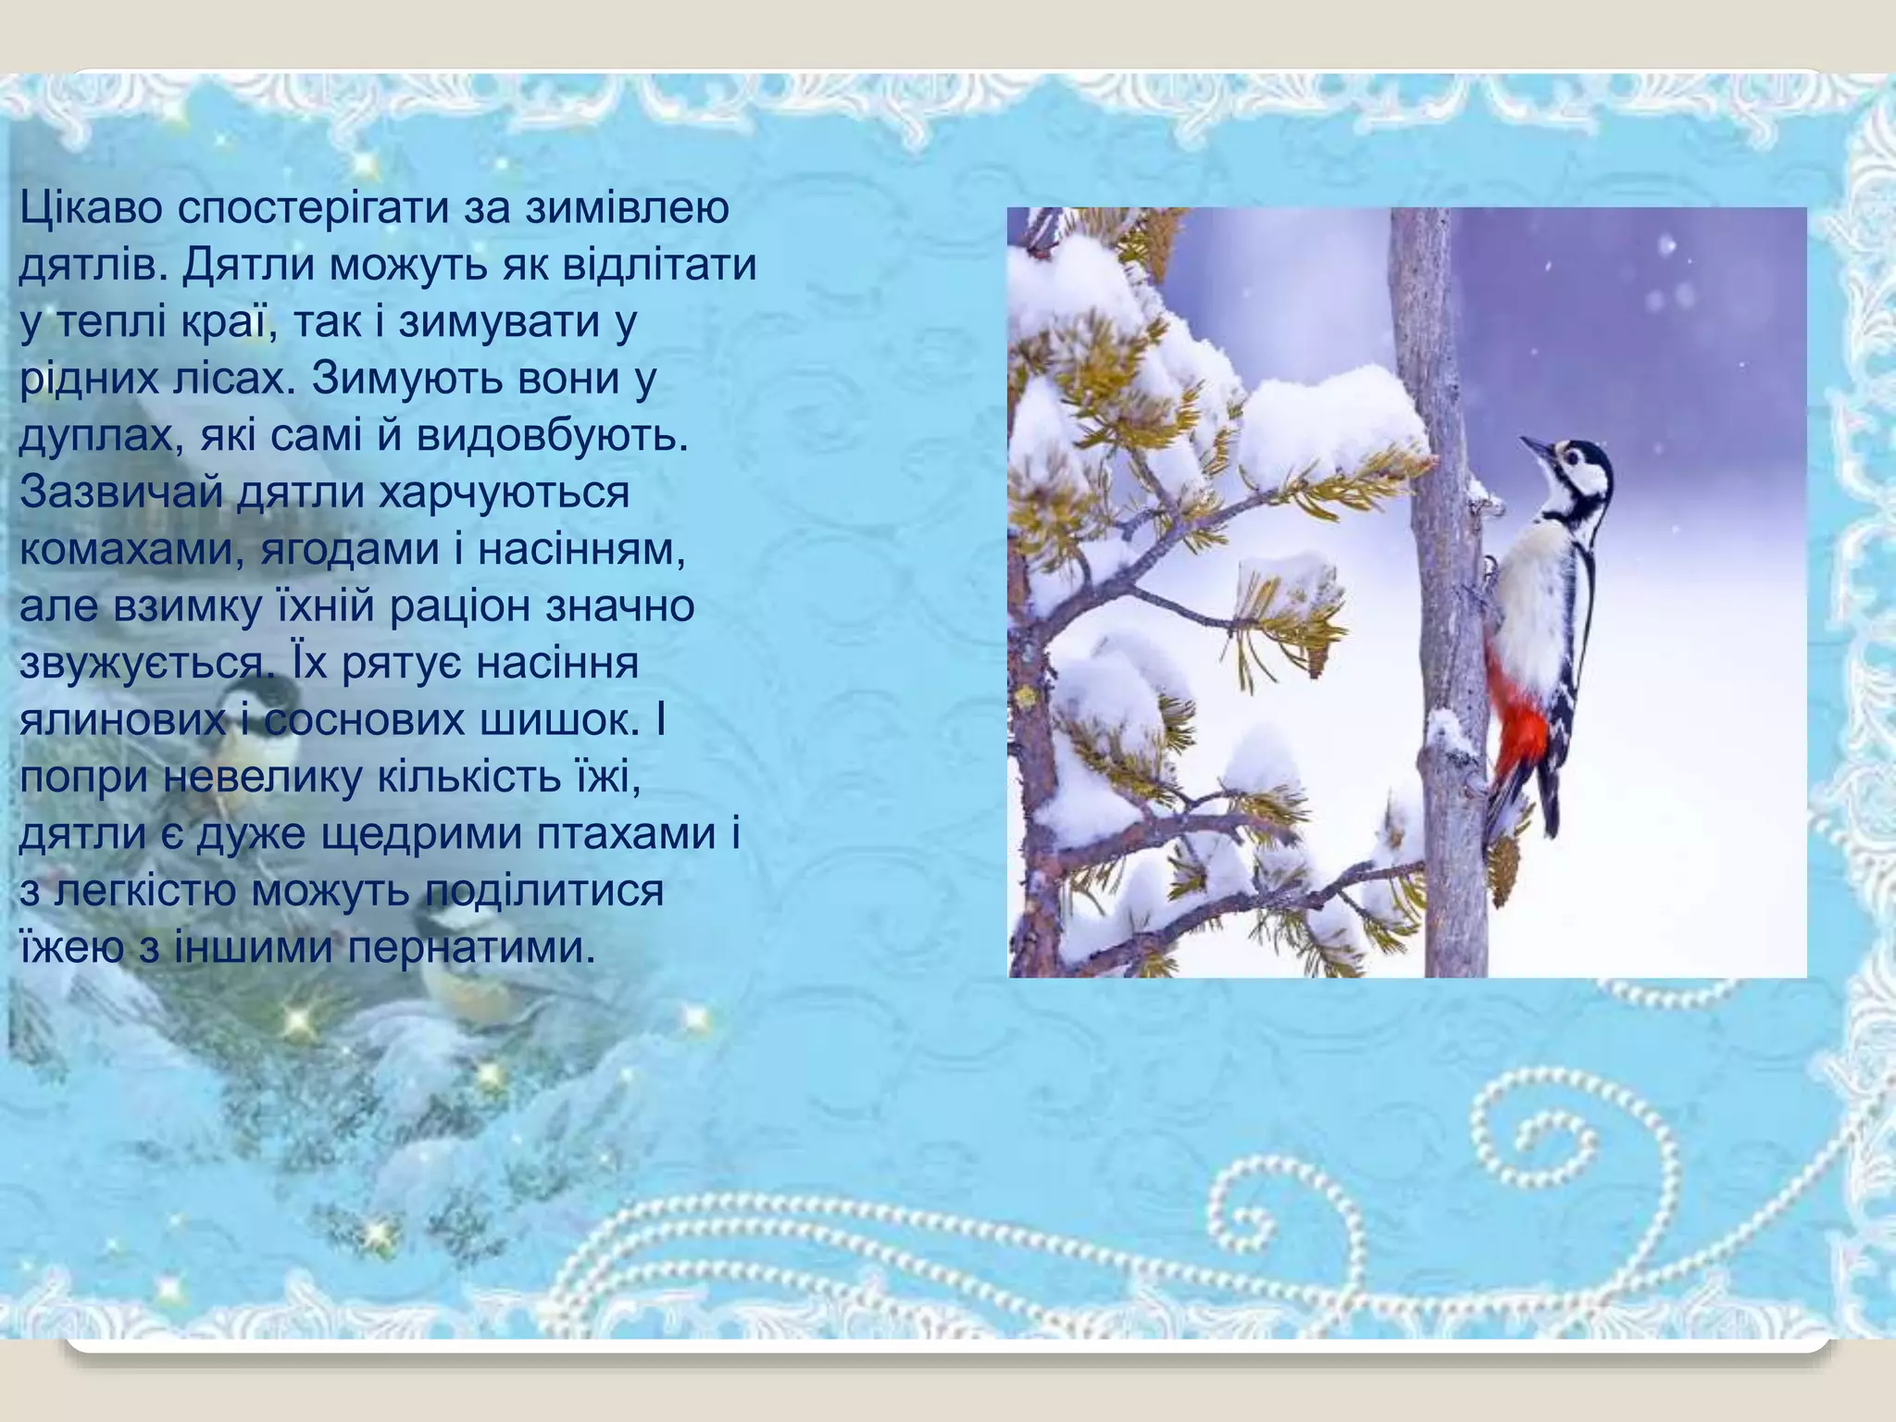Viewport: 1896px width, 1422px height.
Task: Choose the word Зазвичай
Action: pyautogui.click(x=121, y=493)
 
